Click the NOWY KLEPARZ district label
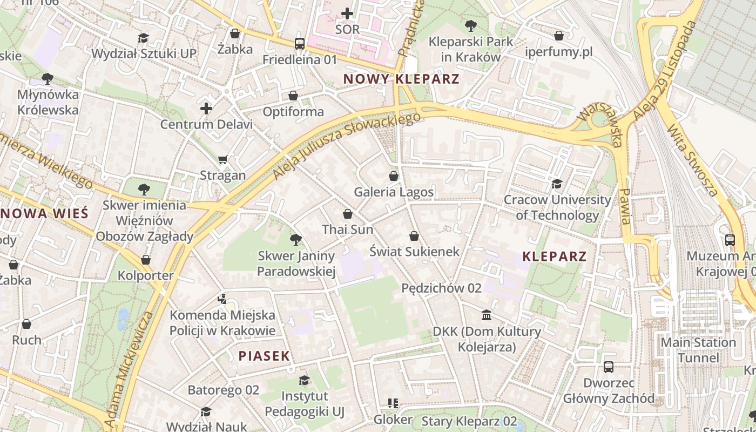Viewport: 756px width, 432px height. (x=401, y=79)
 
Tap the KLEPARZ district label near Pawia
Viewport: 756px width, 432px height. (x=555, y=256)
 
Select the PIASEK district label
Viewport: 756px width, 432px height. (x=264, y=356)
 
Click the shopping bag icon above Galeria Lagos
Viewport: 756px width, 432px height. (x=394, y=176)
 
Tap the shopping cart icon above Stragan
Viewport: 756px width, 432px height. (x=222, y=159)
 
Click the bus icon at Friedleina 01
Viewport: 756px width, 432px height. (x=300, y=44)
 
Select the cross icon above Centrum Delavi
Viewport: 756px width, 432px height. (x=206, y=109)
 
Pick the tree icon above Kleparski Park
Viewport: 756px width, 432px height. (x=471, y=25)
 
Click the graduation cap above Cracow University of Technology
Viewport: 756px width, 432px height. (x=557, y=184)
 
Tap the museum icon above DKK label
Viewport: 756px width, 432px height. (x=486, y=315)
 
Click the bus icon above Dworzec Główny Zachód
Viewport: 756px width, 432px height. (x=609, y=367)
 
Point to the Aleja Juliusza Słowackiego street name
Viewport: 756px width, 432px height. (x=346, y=146)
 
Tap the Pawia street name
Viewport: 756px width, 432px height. (x=625, y=206)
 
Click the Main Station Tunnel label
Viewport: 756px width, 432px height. (x=698, y=350)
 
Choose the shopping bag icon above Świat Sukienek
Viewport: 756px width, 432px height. (x=414, y=236)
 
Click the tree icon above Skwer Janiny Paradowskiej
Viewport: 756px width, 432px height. (x=295, y=240)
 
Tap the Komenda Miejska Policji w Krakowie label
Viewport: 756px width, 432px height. (x=222, y=322)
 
